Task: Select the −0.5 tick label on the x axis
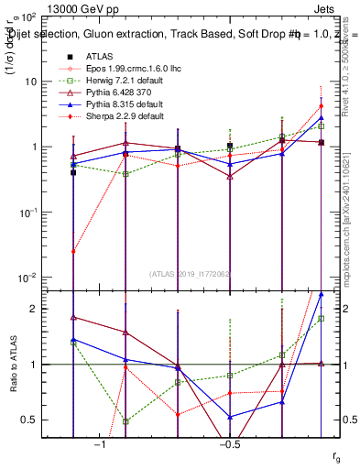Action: coord(228,443)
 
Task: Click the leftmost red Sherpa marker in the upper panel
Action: coord(73,251)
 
